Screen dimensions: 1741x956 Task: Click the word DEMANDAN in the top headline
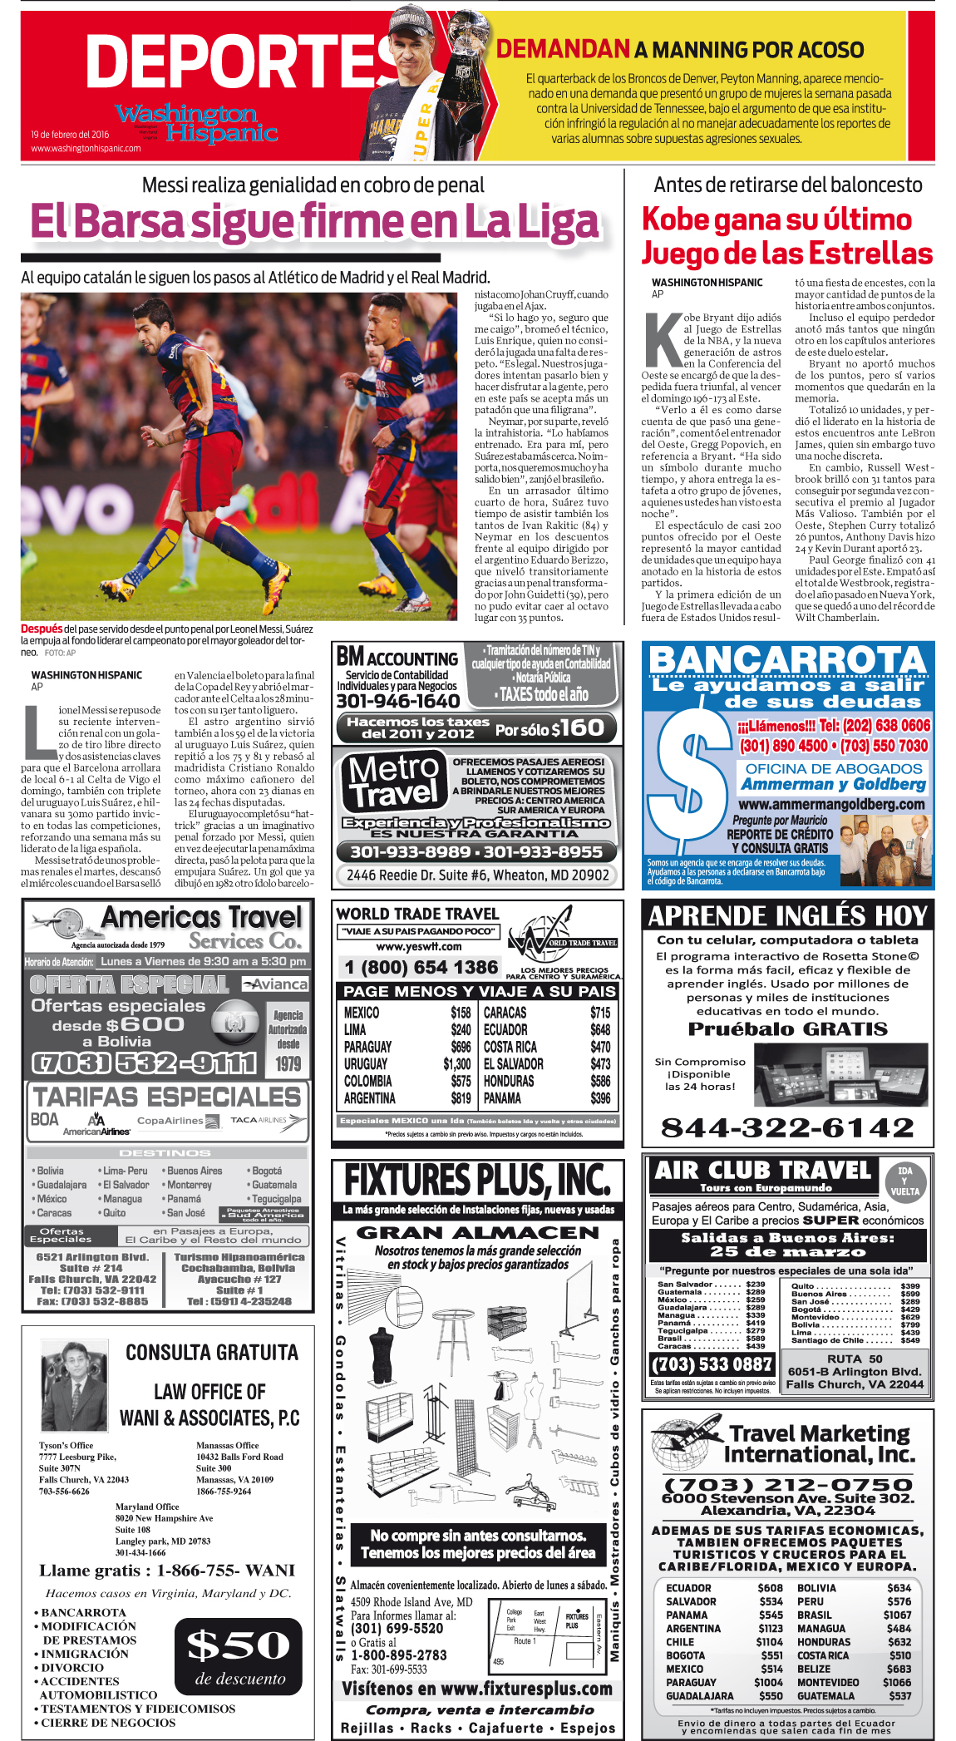(x=562, y=49)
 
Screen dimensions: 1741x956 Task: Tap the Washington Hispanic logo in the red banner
(x=196, y=123)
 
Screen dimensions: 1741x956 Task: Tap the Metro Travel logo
(x=392, y=781)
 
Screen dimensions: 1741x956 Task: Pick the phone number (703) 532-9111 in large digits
(x=144, y=1063)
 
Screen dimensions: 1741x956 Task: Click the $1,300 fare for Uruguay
(x=456, y=1063)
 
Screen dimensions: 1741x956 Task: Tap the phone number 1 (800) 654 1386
(x=421, y=967)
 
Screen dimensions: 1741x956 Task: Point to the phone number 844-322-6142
(x=787, y=1127)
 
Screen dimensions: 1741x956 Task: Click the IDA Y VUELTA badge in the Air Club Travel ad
(x=904, y=1181)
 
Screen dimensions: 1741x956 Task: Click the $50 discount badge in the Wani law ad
(x=239, y=1657)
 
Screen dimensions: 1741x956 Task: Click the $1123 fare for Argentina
(x=770, y=1629)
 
